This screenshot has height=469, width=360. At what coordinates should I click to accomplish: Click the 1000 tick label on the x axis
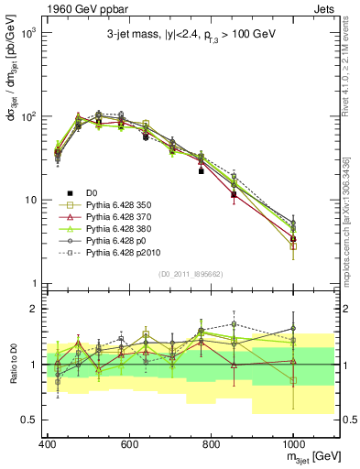click(293, 443)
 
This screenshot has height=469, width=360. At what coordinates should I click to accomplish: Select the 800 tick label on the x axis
click(211, 443)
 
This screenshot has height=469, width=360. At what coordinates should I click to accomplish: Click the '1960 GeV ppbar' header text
click(76, 8)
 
